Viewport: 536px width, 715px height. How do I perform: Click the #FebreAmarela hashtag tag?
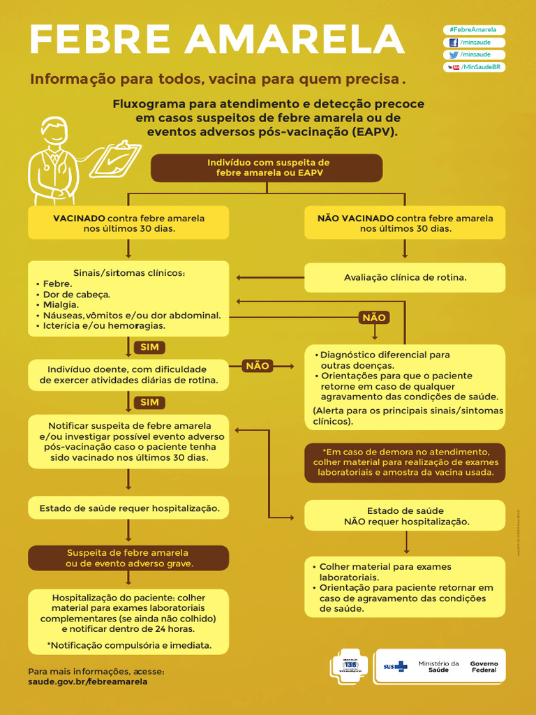pos(474,30)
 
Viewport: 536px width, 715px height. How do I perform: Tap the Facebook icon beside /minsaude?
pos(454,43)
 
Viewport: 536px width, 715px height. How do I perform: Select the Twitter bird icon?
pos(454,54)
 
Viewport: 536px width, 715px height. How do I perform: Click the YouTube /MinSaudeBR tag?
pos(474,67)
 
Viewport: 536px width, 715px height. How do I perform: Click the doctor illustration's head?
pos(54,131)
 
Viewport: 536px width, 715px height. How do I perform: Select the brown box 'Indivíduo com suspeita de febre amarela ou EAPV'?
pos(267,168)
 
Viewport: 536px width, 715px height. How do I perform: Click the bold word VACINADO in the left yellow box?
pos(80,219)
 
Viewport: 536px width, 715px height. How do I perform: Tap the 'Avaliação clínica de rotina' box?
pos(405,277)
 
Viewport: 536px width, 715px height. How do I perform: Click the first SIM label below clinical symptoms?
pos(149,347)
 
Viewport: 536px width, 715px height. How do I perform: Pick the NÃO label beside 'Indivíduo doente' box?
pos(258,366)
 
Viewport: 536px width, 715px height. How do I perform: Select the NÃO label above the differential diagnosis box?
pos(374,318)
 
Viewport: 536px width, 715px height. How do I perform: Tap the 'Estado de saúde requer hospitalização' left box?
pos(128,508)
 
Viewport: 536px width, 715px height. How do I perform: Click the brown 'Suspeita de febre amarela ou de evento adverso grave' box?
pos(128,558)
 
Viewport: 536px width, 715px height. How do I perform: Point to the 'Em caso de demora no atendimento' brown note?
pos(405,462)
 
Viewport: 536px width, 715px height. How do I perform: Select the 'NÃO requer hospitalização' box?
pos(405,517)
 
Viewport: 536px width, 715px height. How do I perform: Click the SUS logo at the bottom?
pos(396,667)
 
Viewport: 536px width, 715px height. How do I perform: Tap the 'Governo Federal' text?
pos(484,667)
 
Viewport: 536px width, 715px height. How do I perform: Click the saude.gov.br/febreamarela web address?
pos(88,681)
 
